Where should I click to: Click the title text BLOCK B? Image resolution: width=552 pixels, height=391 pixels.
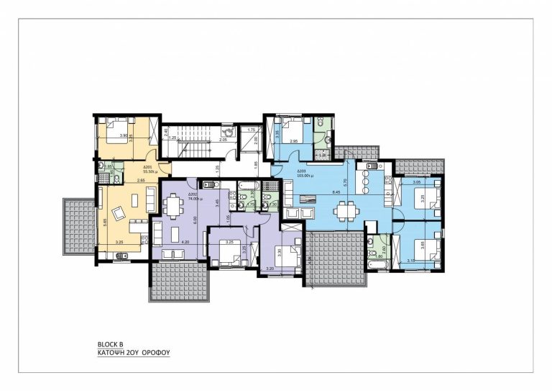tap(111, 344)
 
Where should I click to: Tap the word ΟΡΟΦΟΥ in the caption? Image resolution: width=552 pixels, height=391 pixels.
tap(156, 354)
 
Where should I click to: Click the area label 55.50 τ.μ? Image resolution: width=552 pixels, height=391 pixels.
tap(150, 172)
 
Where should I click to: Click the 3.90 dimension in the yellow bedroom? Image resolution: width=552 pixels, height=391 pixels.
tap(123, 135)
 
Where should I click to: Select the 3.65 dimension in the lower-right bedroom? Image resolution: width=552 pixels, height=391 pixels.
tap(423, 245)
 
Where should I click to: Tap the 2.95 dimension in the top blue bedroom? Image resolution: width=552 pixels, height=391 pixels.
tap(293, 142)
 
